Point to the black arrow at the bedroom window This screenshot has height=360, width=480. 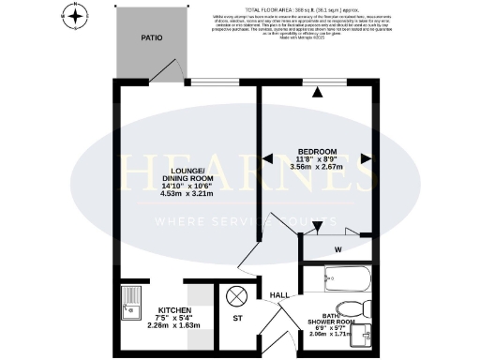tap(318, 92)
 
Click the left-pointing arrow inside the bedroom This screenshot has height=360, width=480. tap(269, 159)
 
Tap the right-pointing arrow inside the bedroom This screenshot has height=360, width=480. tap(367, 159)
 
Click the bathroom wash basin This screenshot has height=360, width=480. tap(367, 337)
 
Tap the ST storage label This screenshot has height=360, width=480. tap(236, 319)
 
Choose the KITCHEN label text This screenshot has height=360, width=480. tap(175, 310)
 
